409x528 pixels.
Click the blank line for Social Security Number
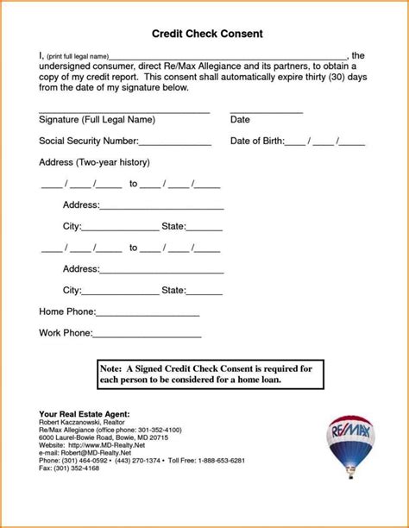[x=175, y=143]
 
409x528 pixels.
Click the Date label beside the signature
[x=240, y=120]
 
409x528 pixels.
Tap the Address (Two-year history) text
[x=95, y=162]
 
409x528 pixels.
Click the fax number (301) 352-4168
[x=79, y=468]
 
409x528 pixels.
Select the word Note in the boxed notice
[x=113, y=368]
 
